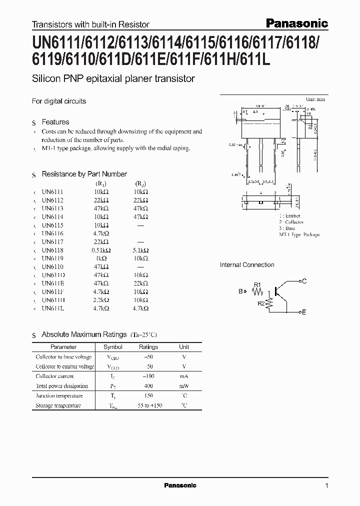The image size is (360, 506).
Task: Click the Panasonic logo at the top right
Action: tap(296, 23)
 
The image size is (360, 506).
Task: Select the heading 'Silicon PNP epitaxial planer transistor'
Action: tap(113, 78)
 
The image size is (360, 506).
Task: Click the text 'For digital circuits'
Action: tap(59, 101)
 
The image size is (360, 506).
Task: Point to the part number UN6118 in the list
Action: tap(52, 250)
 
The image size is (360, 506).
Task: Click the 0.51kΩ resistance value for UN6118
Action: tap(101, 250)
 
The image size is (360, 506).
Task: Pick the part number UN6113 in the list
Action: tap(52, 208)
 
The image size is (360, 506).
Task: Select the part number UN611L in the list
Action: tap(53, 309)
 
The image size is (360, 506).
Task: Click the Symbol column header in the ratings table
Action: tap(112, 347)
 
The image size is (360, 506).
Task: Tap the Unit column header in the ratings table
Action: tap(184, 347)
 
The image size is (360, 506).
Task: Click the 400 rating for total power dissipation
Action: tap(148, 386)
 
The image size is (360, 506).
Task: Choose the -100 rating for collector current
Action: tap(148, 376)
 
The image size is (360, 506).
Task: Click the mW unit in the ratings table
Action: tap(184, 386)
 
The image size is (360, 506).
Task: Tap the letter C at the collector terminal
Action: tap(304, 281)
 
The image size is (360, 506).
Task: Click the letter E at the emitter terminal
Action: tap(304, 312)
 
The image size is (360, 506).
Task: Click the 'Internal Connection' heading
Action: tap(247, 265)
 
